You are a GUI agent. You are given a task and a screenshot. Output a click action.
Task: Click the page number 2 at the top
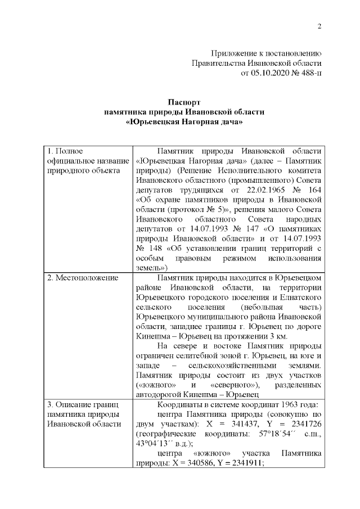319,26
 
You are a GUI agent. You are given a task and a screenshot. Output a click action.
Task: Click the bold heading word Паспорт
184,102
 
